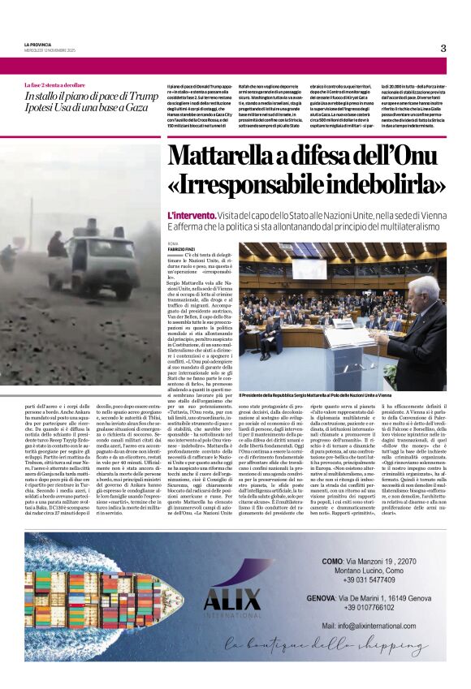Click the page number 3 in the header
pyautogui.click(x=443, y=49)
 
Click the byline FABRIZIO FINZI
pyautogui.click(x=183, y=248)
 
